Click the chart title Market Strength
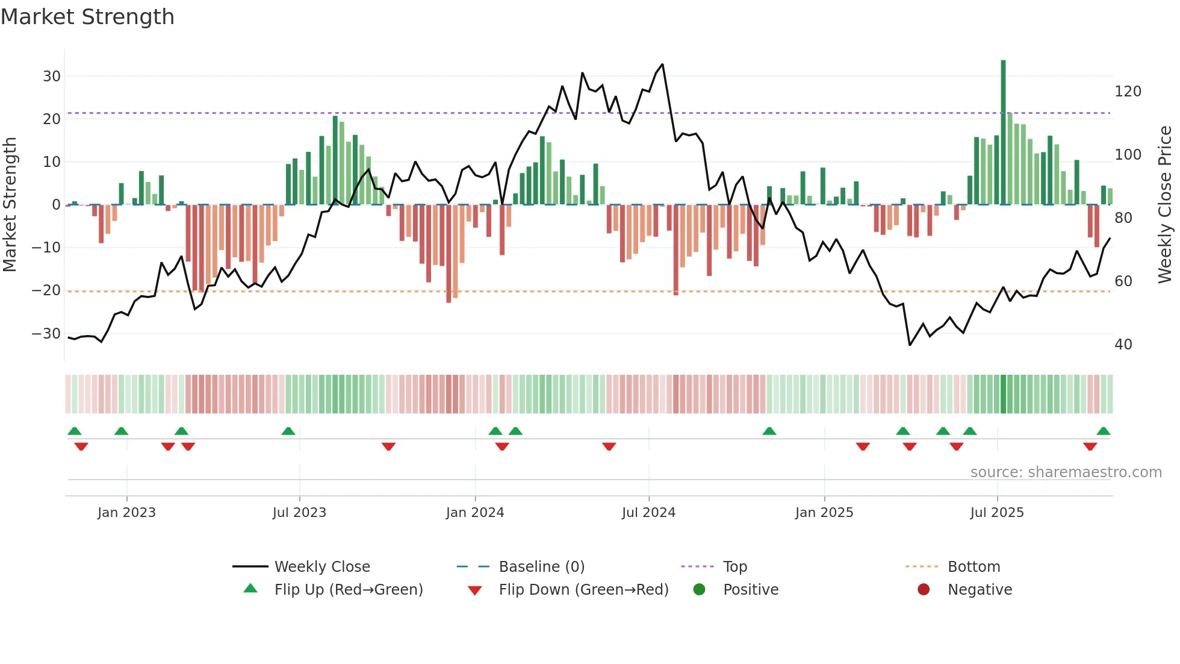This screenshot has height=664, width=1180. coord(87,17)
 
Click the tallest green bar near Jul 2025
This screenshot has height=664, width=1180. coord(1003,133)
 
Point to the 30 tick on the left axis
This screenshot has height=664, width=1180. coord(52,77)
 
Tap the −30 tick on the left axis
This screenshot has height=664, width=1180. coord(46,334)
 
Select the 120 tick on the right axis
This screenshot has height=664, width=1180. coord(1128,92)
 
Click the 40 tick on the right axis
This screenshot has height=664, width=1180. coord(1123,345)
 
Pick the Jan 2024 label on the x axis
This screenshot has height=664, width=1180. coord(474,513)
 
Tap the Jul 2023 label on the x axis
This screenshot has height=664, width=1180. coord(299,513)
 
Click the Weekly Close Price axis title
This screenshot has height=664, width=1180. coord(1165,205)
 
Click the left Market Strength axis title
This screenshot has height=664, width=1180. coord(10,205)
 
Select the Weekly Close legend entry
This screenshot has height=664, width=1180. coord(321,567)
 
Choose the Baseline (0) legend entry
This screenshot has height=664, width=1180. coord(541,567)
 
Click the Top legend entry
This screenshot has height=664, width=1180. coord(734,567)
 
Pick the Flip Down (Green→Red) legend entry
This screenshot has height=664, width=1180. coord(583,590)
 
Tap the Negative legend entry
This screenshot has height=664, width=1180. coord(979,590)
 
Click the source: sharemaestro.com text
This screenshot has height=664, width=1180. coord(1066,472)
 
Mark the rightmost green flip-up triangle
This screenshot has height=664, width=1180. coord(1103,431)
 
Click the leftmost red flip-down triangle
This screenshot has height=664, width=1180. coord(81,446)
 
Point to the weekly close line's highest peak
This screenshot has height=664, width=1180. coord(662,64)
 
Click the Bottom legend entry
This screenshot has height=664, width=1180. coord(973,567)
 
